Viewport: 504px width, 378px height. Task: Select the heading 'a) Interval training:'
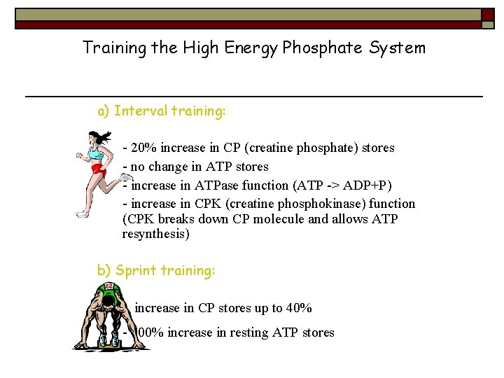[162, 111]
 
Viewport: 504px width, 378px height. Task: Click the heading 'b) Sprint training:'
[156, 270]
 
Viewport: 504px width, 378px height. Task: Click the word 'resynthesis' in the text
[155, 234]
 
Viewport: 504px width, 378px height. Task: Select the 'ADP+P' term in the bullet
[369, 185]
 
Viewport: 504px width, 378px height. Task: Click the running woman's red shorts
[99, 169]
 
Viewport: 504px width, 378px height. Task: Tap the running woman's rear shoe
[83, 213]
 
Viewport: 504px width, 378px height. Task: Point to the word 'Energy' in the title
[246, 48]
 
